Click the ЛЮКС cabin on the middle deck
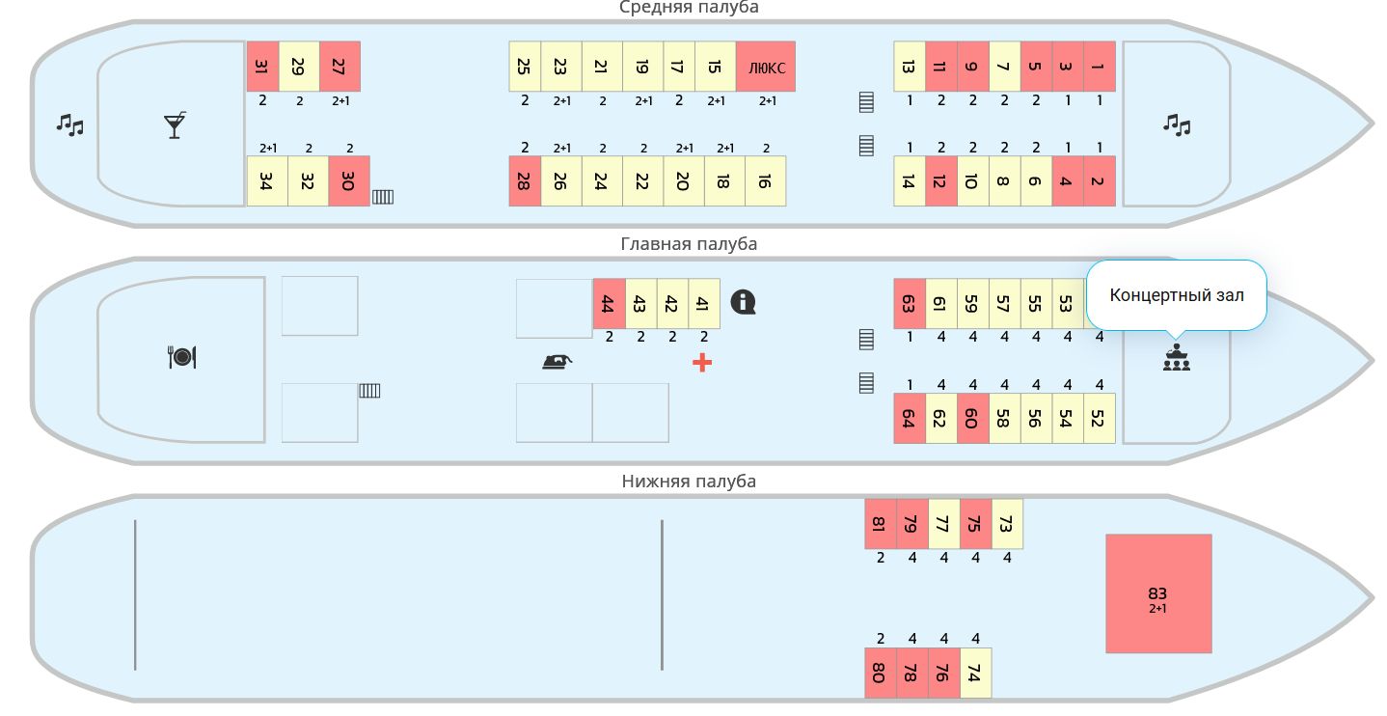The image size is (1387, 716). click(x=766, y=67)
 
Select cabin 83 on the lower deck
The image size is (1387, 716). click(x=1157, y=593)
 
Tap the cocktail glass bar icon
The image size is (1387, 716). click(x=175, y=125)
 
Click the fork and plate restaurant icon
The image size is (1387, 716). click(x=182, y=357)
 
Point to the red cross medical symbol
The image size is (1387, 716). click(x=702, y=363)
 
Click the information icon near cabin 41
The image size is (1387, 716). click(x=743, y=302)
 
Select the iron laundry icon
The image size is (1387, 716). click(x=558, y=362)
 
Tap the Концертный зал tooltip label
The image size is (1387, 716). click(x=1176, y=295)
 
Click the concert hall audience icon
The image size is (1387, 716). click(x=1176, y=358)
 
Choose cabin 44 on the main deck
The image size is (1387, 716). click(x=609, y=304)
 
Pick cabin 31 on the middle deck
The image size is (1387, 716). click(x=262, y=67)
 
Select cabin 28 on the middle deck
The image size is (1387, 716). click(x=525, y=181)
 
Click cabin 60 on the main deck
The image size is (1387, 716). click(x=972, y=419)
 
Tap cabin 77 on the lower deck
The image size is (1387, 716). click(x=943, y=524)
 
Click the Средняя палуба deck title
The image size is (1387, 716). click(x=689, y=8)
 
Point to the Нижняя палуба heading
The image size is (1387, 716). click(x=689, y=482)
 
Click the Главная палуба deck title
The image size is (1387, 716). click(x=689, y=244)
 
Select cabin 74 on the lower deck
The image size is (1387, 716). click(x=975, y=673)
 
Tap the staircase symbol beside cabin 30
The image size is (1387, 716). click(x=383, y=197)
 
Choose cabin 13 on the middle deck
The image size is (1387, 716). click(x=909, y=67)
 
